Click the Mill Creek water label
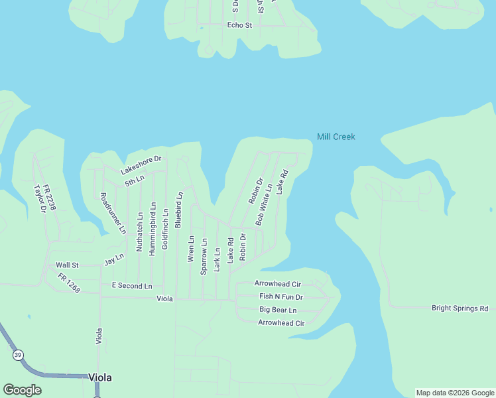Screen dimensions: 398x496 pos(336,137)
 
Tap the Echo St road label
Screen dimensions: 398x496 pos(239,25)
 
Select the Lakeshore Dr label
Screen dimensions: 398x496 pos(141,165)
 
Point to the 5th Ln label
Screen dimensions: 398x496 pos(134,180)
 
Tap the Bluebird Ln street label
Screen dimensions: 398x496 pos(178,210)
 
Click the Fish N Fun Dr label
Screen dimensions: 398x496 pos(280,297)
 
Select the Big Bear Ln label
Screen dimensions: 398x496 pos(278,310)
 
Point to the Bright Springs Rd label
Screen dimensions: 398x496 pos(460,308)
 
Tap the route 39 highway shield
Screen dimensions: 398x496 pos(17,356)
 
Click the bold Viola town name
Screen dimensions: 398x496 pos(100,377)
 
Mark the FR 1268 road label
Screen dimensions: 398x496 pos(68,283)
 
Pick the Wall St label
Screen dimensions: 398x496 pos(67,265)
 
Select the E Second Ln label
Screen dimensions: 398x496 pos(131,286)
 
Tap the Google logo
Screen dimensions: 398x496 pos(23,390)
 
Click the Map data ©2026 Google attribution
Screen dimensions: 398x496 pos(454,393)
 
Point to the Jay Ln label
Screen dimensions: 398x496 pos(114,259)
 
